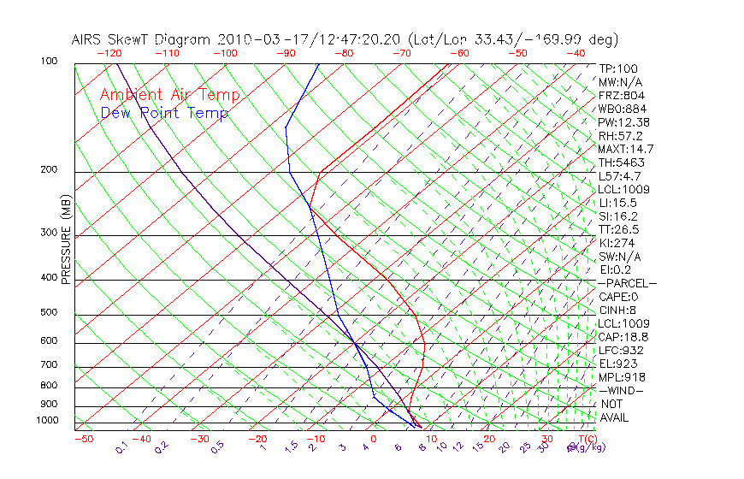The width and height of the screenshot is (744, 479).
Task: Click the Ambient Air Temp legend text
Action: click(x=169, y=95)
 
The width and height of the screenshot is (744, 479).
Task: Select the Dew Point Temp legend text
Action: click(x=164, y=113)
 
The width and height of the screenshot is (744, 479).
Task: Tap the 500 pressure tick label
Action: click(x=49, y=313)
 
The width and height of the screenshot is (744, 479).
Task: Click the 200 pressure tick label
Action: click(x=49, y=170)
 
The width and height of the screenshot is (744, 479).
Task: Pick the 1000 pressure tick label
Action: click(x=49, y=421)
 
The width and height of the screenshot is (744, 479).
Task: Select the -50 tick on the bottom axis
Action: click(x=83, y=439)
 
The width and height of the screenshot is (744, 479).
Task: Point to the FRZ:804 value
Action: click(x=622, y=96)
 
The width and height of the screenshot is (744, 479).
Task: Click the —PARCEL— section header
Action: click(x=627, y=283)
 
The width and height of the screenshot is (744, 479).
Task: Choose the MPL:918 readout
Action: click(x=622, y=377)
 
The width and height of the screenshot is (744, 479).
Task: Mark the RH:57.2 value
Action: click(x=620, y=136)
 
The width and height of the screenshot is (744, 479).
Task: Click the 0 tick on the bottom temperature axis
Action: click(x=373, y=439)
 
